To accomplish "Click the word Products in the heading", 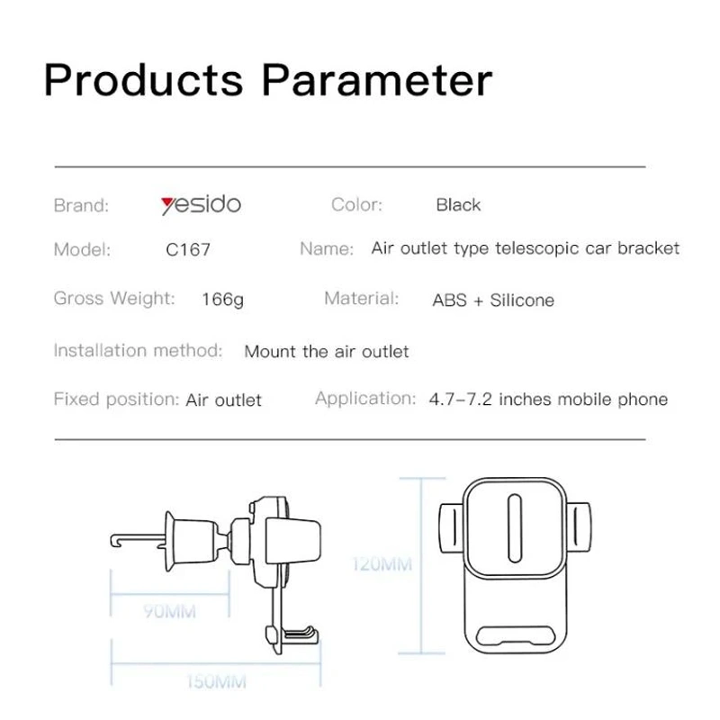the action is coord(143,80).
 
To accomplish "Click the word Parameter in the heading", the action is coord(377,80).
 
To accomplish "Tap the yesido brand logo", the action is coord(201,204).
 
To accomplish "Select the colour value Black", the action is coord(458,205).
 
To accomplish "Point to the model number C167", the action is coord(188,249).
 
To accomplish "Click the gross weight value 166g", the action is coord(222,300).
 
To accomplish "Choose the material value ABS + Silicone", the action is coord(493,300).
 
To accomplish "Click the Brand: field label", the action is coord(81,205).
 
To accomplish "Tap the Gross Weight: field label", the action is coord(114,299).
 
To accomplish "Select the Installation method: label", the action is coord(138,350).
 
